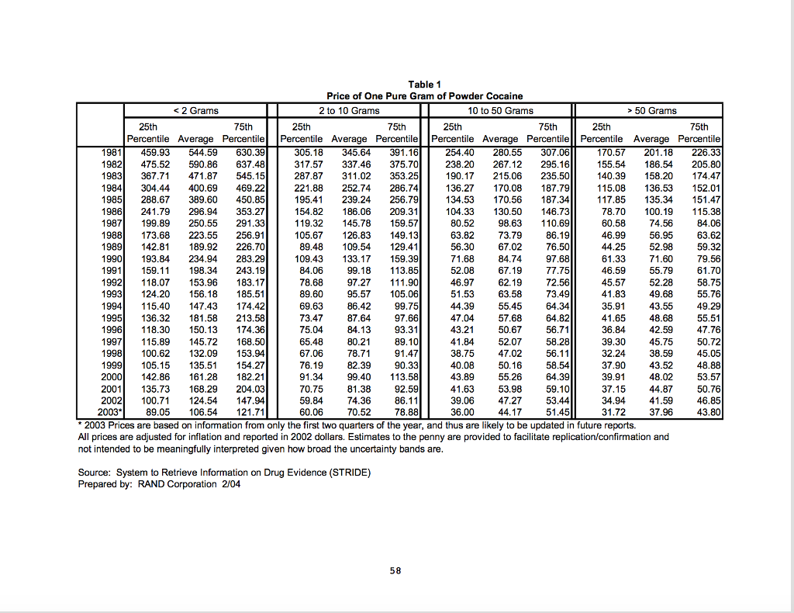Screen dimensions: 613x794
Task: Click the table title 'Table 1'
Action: (424, 85)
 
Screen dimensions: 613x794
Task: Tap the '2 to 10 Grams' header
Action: (349, 111)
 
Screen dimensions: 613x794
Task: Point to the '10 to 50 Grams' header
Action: (500, 111)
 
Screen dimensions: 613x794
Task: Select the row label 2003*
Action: (110, 412)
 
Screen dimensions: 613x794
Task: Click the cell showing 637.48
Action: (250, 165)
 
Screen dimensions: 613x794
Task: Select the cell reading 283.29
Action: (250, 258)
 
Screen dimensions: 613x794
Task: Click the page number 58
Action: (395, 570)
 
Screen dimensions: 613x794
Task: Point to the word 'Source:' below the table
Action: (94, 473)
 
